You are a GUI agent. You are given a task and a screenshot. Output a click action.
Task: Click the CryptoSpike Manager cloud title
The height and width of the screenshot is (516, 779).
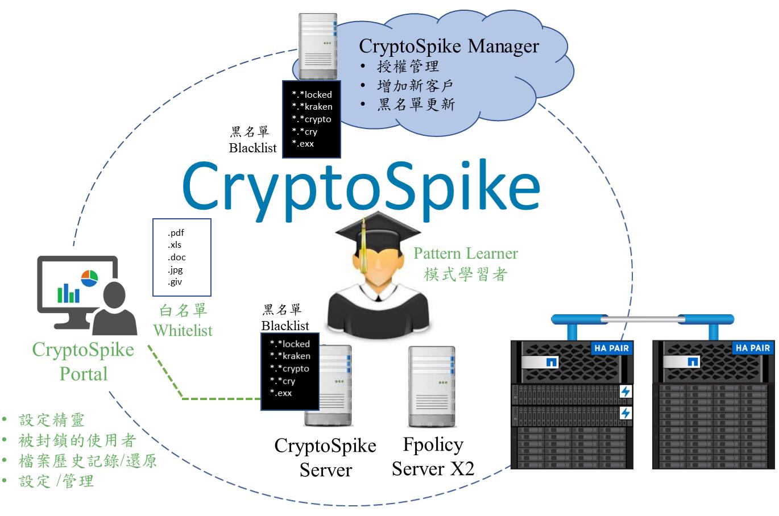[x=449, y=45]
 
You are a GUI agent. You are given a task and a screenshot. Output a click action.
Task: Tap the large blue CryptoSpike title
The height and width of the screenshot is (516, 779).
[x=361, y=185]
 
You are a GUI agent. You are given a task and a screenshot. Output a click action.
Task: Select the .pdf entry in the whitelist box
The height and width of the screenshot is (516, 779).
[x=176, y=232]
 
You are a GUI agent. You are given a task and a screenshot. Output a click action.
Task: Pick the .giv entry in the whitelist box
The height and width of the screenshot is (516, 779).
[x=175, y=282]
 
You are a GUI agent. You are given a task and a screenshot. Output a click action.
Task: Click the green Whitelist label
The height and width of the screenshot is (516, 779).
[x=183, y=330]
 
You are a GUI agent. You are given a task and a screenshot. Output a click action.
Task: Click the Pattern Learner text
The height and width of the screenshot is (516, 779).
[x=465, y=253]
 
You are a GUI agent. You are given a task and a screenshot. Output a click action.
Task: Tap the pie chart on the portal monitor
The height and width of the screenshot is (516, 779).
[x=89, y=278]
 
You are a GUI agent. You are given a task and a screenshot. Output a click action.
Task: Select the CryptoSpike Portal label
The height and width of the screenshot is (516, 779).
[x=83, y=361]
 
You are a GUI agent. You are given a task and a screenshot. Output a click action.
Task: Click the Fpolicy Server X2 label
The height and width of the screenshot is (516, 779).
[x=433, y=456]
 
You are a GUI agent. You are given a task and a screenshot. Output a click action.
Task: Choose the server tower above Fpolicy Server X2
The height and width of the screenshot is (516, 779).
[x=432, y=386]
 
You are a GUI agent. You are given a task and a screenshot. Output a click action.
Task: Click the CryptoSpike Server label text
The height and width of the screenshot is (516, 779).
[x=325, y=457]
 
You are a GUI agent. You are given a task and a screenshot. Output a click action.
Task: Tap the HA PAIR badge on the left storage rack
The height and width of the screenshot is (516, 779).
[x=611, y=348]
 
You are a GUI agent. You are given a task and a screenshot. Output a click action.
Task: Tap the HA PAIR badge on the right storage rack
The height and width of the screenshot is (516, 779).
[x=752, y=348]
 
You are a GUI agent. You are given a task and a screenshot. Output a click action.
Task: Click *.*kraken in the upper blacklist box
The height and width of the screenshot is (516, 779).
[x=312, y=107]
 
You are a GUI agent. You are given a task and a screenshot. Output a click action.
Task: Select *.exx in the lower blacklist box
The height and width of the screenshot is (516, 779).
[x=281, y=393]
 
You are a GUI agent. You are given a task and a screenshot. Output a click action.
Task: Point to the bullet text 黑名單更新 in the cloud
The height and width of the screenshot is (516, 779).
[x=416, y=105]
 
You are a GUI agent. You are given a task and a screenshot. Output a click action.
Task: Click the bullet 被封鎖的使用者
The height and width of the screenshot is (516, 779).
[x=77, y=440]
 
